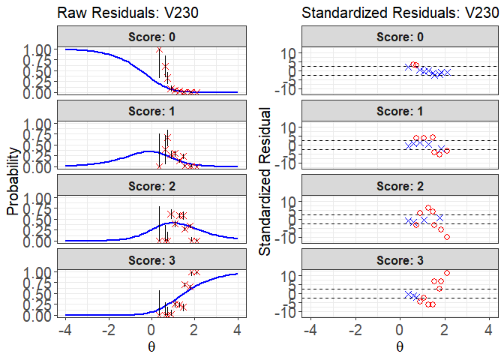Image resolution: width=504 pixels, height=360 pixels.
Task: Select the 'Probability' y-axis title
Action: click(13, 181)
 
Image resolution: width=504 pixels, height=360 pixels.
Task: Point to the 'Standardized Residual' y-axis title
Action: click(265, 181)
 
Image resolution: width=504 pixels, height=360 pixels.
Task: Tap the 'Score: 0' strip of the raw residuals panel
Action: click(151, 36)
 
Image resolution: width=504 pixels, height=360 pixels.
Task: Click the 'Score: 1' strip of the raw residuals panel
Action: click(151, 110)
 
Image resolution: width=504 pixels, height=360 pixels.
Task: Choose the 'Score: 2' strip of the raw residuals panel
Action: click(151, 184)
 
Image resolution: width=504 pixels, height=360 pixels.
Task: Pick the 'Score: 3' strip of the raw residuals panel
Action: click(151, 259)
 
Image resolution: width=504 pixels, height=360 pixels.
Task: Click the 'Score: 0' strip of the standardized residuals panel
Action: click(399, 36)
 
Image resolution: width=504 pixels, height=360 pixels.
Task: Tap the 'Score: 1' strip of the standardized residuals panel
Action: click(399, 110)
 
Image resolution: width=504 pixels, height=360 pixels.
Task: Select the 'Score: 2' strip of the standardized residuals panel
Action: click(399, 184)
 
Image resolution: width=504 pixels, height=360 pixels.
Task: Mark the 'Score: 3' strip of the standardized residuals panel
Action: click(399, 259)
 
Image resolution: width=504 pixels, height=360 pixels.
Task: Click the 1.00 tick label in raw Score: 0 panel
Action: click(37, 49)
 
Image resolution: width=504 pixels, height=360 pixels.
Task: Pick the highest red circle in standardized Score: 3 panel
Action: click(447, 273)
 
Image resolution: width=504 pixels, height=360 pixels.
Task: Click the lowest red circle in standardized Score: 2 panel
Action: click(447, 237)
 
